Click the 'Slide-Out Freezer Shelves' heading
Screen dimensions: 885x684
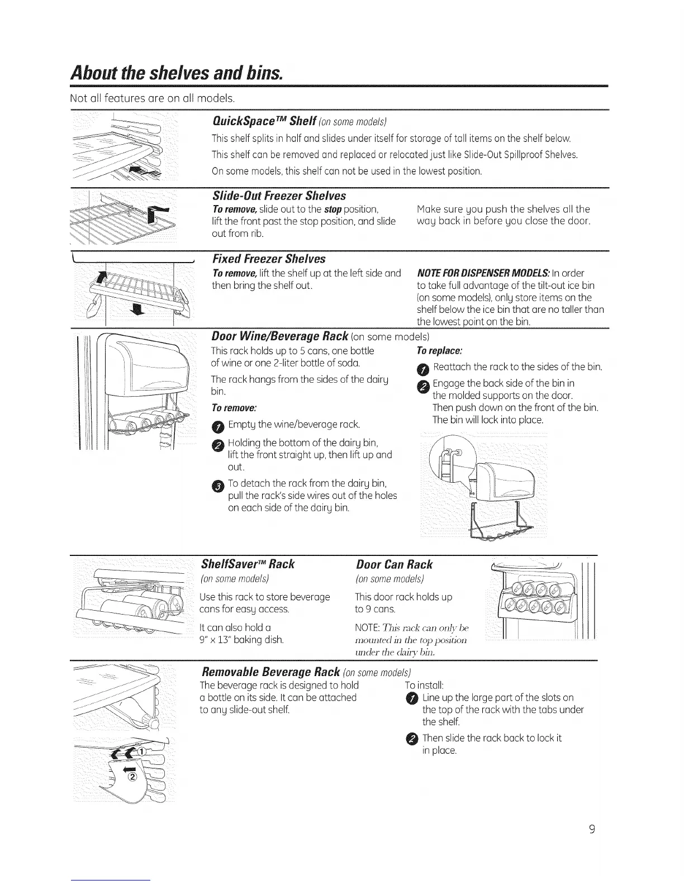pyautogui.click(x=279, y=196)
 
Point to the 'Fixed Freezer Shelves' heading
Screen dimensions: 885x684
pyautogui.click(x=269, y=259)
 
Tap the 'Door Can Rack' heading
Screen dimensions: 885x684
pyautogui.click(x=394, y=564)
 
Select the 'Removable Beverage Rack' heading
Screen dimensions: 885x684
pyautogui.click(x=270, y=670)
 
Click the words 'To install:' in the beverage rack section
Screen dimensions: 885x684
pyautogui.click(x=424, y=685)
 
